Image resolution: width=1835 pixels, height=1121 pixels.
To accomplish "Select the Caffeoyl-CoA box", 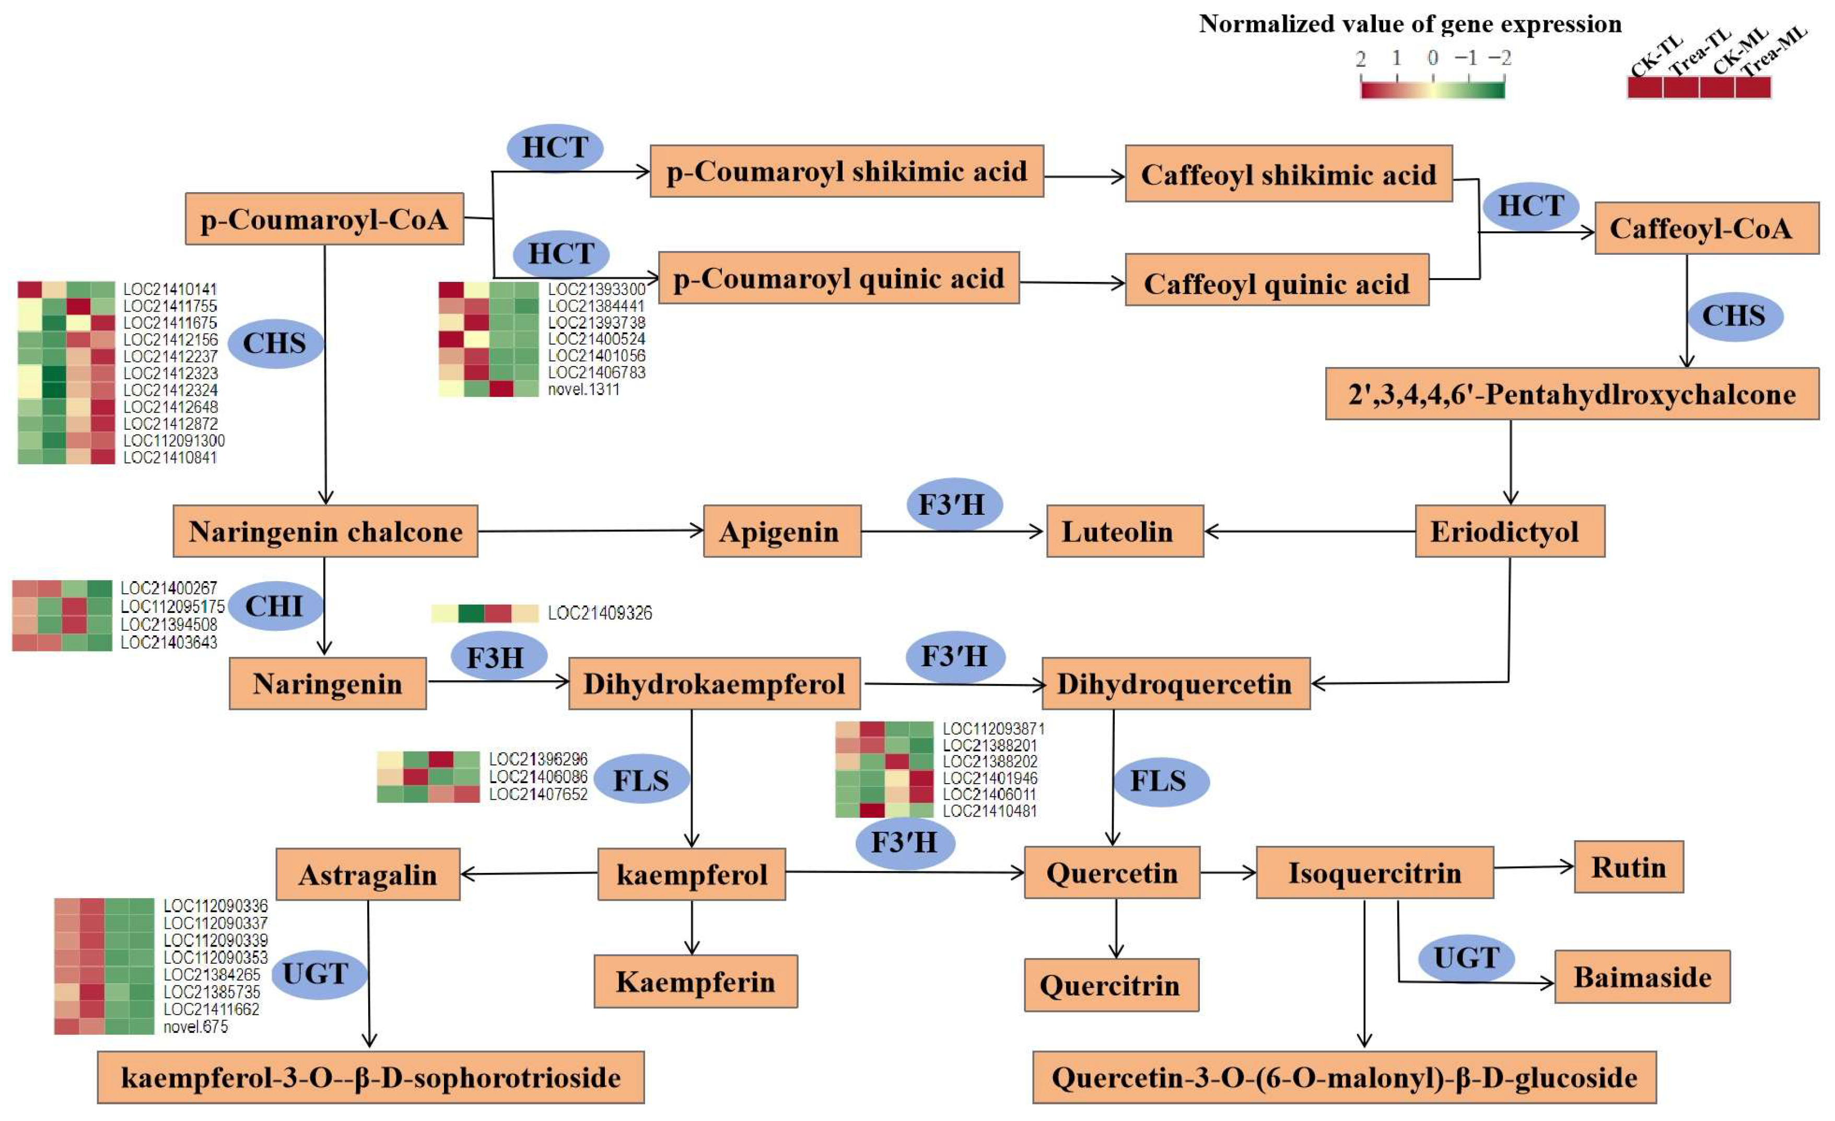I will pyautogui.click(x=1706, y=228).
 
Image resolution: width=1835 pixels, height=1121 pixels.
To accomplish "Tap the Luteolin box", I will pyautogui.click(x=1125, y=532).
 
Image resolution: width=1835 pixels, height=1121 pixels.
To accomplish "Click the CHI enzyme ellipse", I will pyautogui.click(x=275, y=606).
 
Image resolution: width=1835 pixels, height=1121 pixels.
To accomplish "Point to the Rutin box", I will pyautogui.click(x=1628, y=867).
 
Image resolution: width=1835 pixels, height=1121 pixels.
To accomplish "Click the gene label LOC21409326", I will pyautogui.click(x=600, y=613).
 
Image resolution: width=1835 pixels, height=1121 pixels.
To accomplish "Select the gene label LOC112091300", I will pyautogui.click(x=173, y=441).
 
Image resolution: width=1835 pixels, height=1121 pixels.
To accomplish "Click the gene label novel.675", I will pyautogui.click(x=195, y=1026).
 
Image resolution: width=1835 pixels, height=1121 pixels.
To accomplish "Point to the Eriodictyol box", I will pyautogui.click(x=1509, y=532).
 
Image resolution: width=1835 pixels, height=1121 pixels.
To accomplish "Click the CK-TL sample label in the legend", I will pyautogui.click(x=1655, y=56).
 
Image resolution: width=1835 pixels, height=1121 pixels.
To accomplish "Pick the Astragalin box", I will pyautogui.click(x=367, y=875).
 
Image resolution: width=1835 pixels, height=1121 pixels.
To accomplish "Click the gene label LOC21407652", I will pyautogui.click(x=537, y=794).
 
